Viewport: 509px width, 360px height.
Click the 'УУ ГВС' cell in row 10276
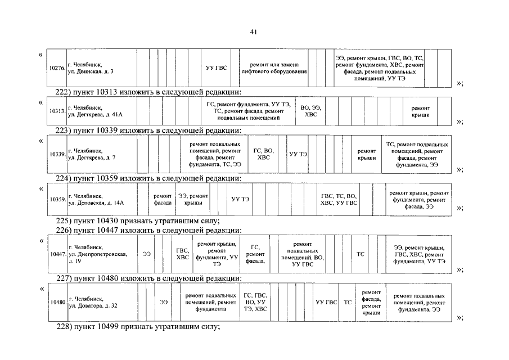coord(217,68)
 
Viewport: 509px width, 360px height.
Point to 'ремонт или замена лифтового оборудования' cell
coord(273,68)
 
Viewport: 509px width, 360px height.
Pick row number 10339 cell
coord(57,154)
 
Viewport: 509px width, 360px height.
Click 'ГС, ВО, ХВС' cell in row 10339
coord(264,154)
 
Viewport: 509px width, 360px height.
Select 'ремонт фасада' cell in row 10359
coord(163,199)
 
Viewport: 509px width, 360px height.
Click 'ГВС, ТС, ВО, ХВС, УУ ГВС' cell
coord(339,199)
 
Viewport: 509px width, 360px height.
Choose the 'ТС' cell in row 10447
coord(361,254)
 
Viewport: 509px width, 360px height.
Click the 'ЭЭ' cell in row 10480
coord(164,302)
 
